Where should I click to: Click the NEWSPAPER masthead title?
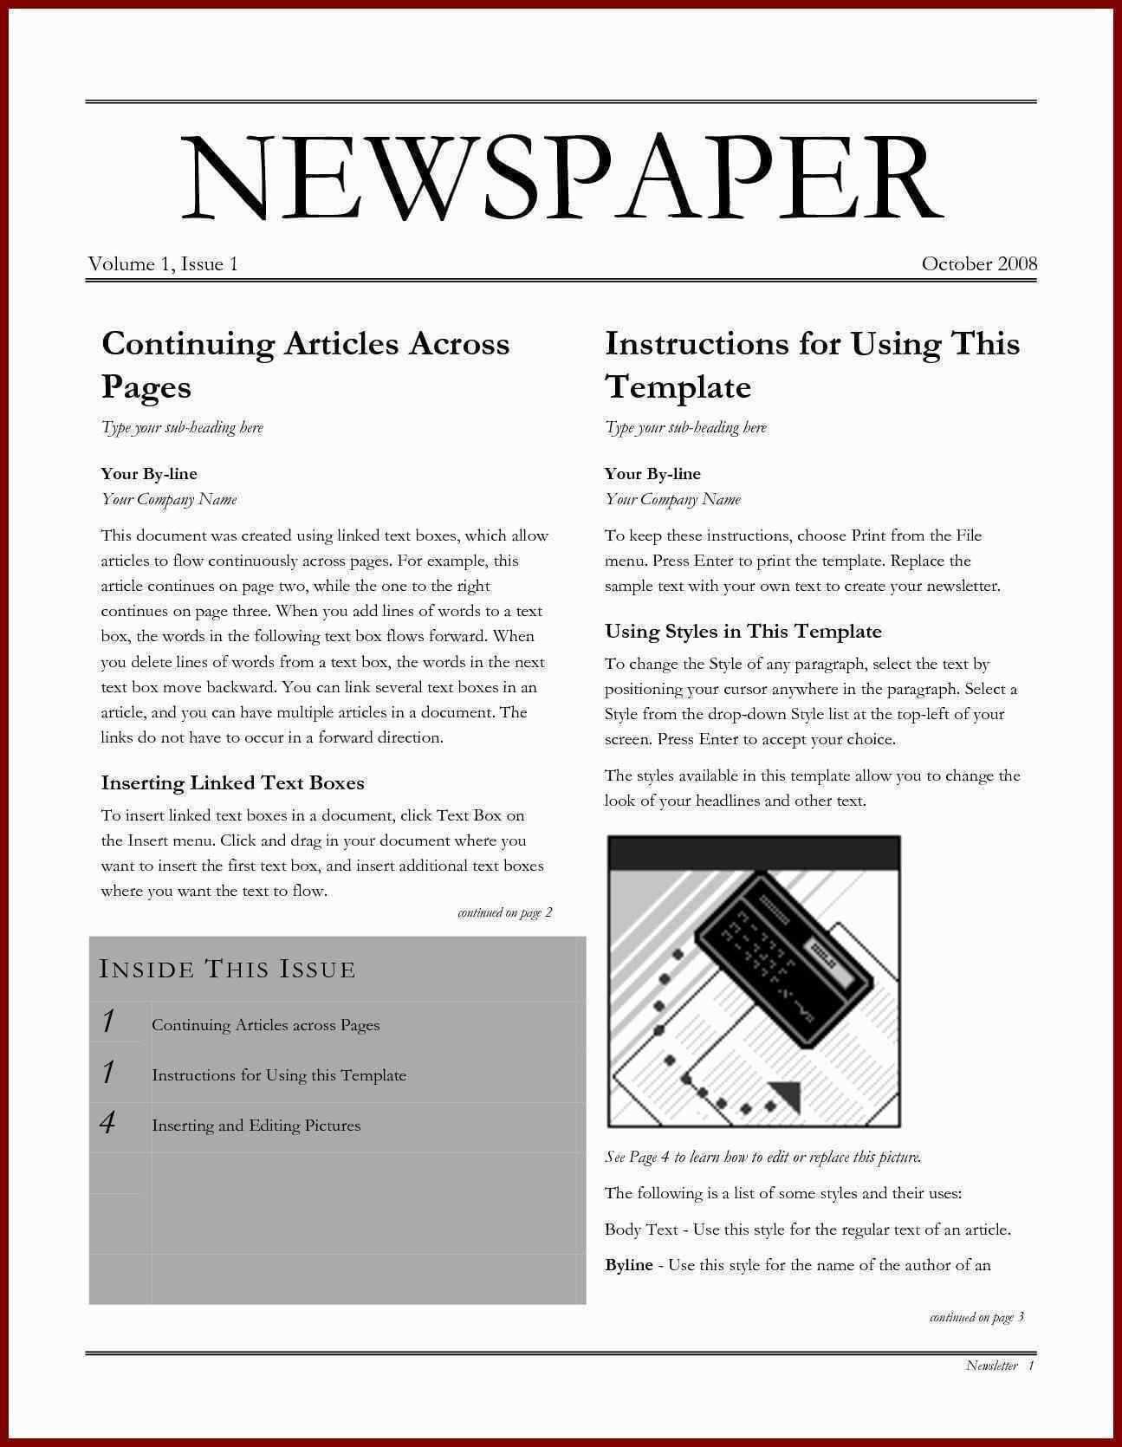(561, 178)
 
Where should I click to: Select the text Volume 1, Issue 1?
(163, 264)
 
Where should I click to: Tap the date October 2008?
(979, 264)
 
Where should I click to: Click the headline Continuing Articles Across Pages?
(305, 364)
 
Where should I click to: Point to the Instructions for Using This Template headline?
(812, 364)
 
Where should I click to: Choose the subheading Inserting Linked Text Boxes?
(232, 783)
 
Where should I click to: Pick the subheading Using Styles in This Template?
(743, 632)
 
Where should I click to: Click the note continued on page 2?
(504, 912)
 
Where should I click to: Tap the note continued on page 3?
(976, 1318)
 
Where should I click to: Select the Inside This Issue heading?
(228, 969)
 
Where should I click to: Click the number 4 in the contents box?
(108, 1124)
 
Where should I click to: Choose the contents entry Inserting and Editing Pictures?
(256, 1126)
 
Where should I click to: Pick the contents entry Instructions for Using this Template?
(279, 1075)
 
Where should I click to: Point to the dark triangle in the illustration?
(786, 1095)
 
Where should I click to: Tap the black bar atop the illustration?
(754, 853)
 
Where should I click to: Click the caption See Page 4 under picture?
(762, 1158)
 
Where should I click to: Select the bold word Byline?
(629, 1265)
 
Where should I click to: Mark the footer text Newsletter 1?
(999, 1366)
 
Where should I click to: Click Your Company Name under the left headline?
(169, 499)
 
